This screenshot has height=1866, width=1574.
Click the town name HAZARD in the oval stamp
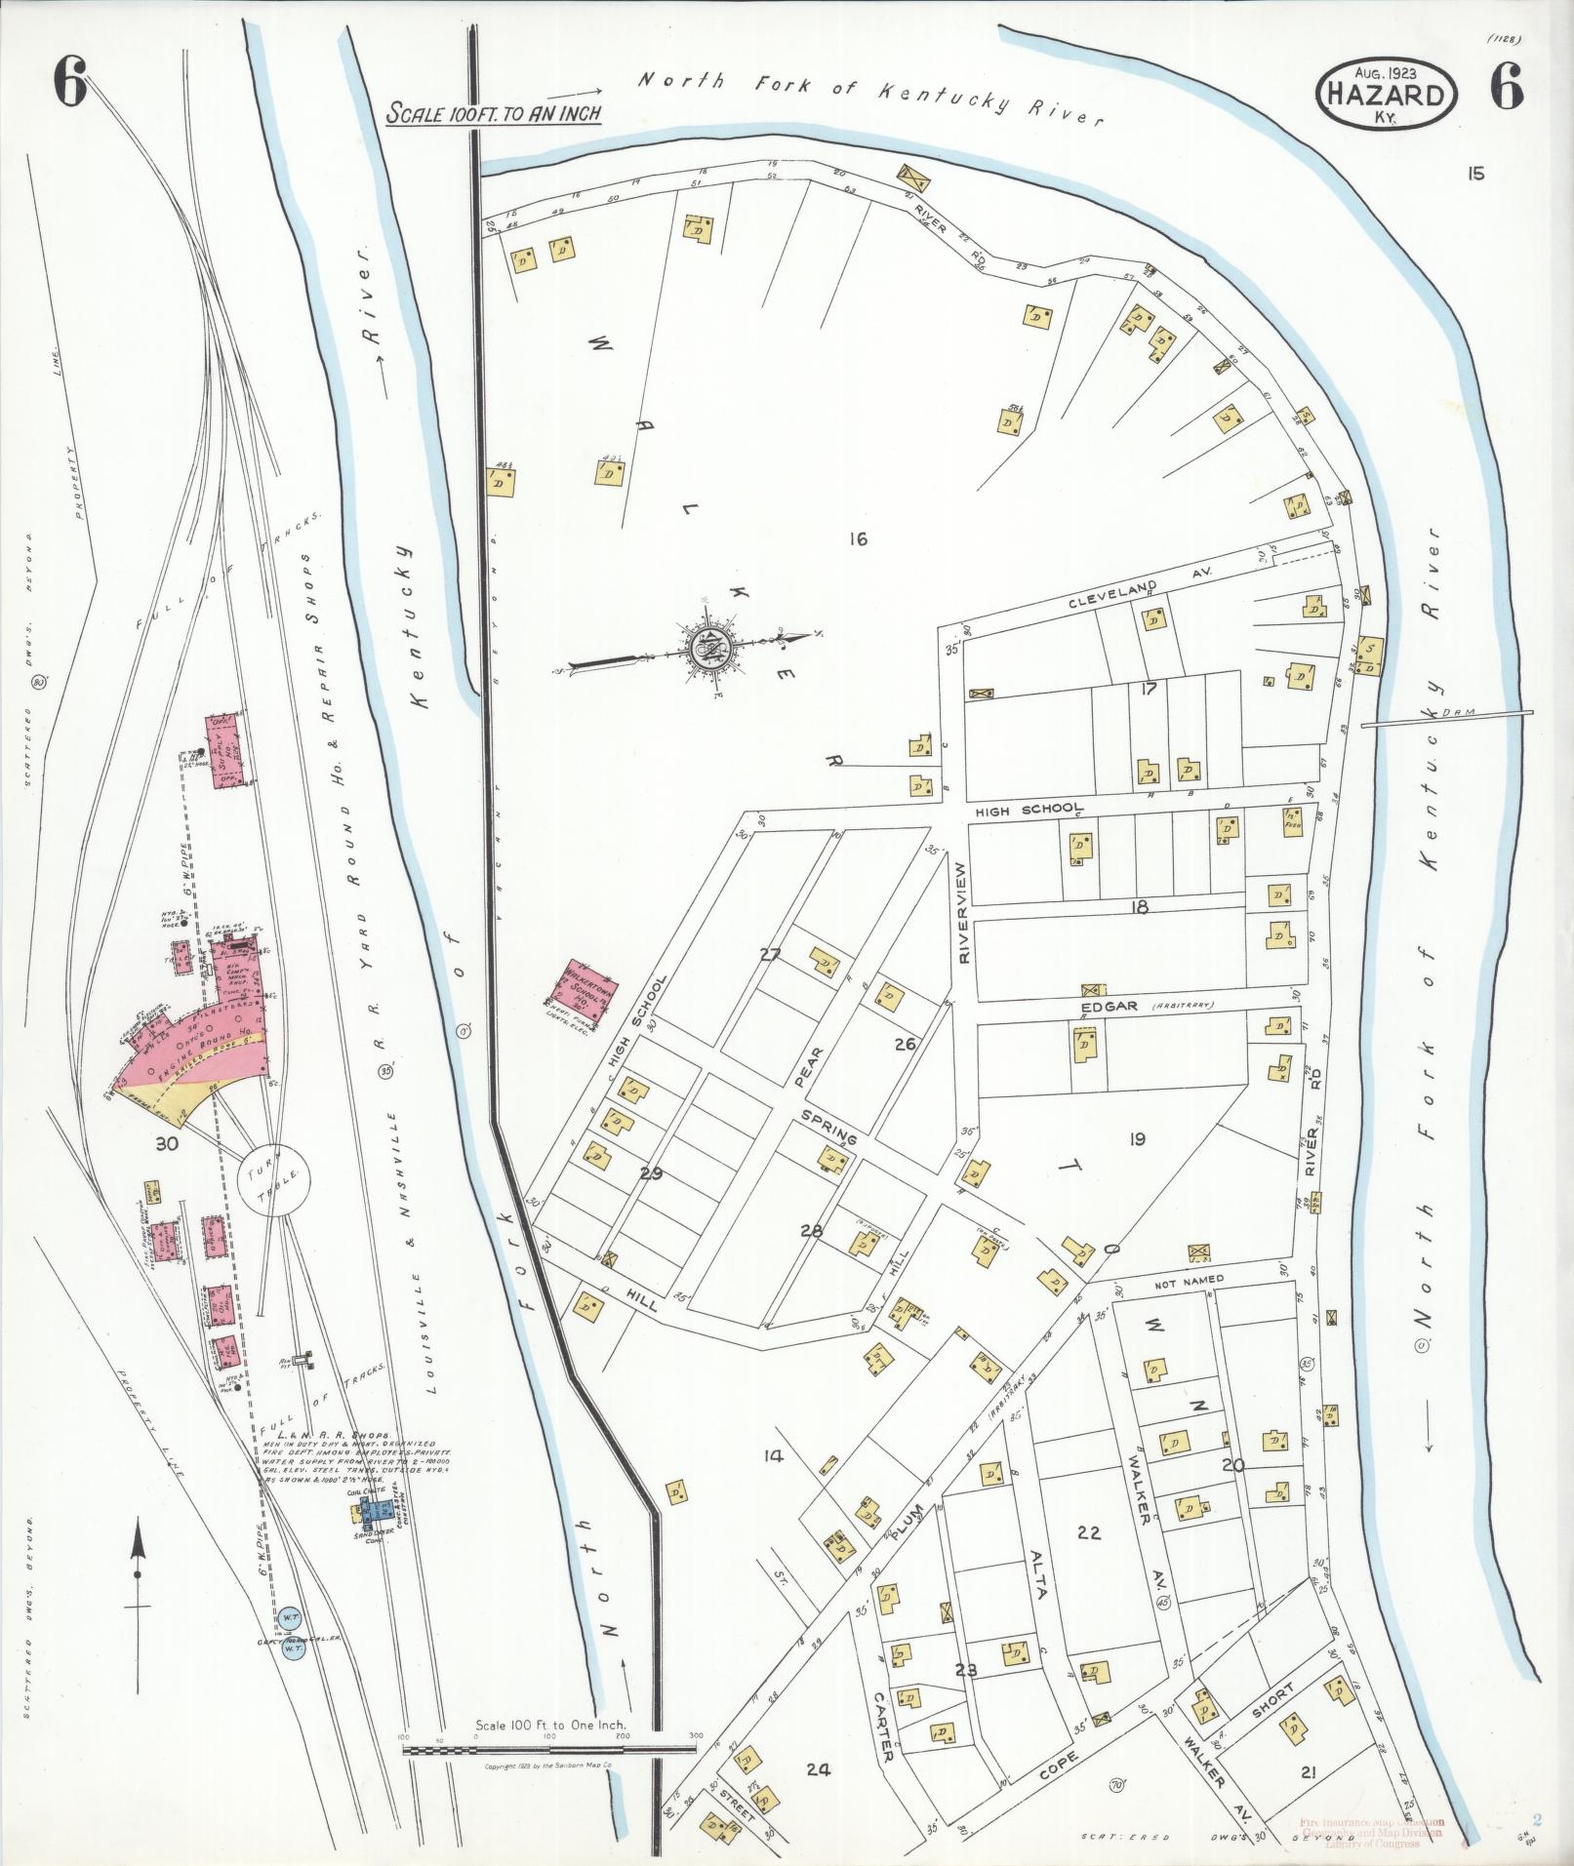click(1387, 95)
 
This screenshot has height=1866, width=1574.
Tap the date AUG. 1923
click(1386, 72)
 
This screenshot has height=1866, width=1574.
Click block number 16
click(858, 537)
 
